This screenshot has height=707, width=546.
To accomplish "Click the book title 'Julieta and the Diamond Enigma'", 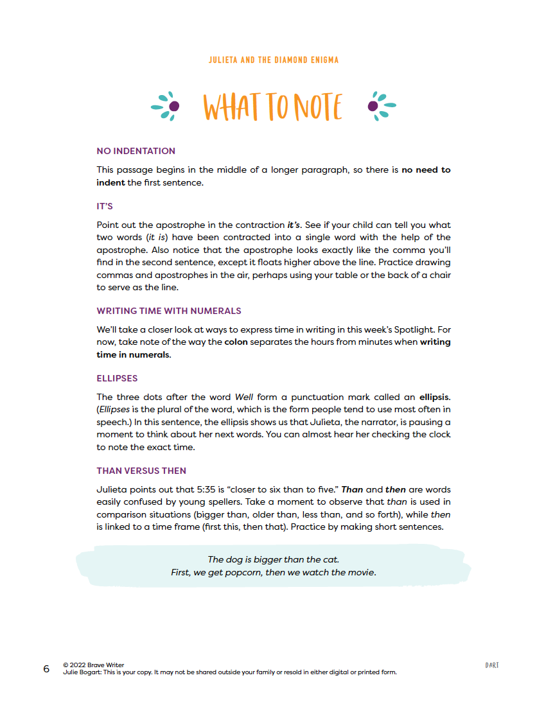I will [x=273, y=60].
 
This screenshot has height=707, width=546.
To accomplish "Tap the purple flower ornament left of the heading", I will [x=166, y=106].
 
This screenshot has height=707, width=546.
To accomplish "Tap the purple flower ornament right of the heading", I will [x=381, y=106].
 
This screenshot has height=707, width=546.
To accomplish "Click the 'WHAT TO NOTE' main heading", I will [x=273, y=107].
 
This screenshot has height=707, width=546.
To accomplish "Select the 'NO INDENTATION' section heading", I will [x=136, y=151].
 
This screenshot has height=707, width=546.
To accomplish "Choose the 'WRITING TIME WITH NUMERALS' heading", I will [x=169, y=311].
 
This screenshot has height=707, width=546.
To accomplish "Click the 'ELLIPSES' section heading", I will [x=117, y=378].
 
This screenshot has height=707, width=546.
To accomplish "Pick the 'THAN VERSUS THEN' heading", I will [x=141, y=471].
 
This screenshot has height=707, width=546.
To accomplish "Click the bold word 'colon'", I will [x=236, y=342].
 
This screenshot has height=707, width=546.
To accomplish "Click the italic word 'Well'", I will [x=244, y=397].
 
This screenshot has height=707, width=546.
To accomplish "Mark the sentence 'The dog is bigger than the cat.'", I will [x=273, y=559].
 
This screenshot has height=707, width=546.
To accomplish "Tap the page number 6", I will [x=46, y=668].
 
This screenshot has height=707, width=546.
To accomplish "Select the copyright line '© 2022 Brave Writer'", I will [x=94, y=665].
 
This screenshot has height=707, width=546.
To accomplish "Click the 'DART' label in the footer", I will [x=492, y=665].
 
